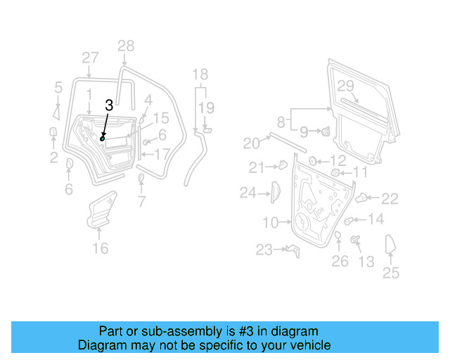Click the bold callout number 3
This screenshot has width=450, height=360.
[108, 105]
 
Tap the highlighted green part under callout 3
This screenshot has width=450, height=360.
[103, 139]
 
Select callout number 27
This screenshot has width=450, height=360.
[90, 57]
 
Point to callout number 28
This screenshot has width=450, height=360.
[125, 46]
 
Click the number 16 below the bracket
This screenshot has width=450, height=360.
[101, 247]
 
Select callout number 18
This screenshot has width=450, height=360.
[200, 75]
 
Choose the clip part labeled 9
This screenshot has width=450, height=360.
[327, 131]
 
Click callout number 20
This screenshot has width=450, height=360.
[251, 143]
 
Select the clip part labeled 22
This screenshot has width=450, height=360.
[364, 198]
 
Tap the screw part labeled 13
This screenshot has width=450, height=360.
[354, 241]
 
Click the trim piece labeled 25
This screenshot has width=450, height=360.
[390, 245]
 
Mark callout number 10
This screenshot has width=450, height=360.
[271, 223]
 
